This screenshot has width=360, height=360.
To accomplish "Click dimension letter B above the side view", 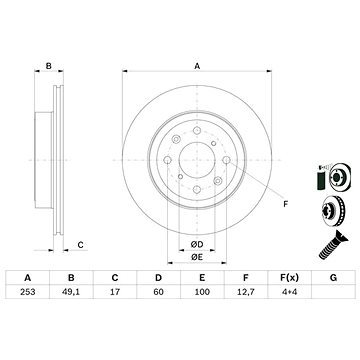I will point(49,66).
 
